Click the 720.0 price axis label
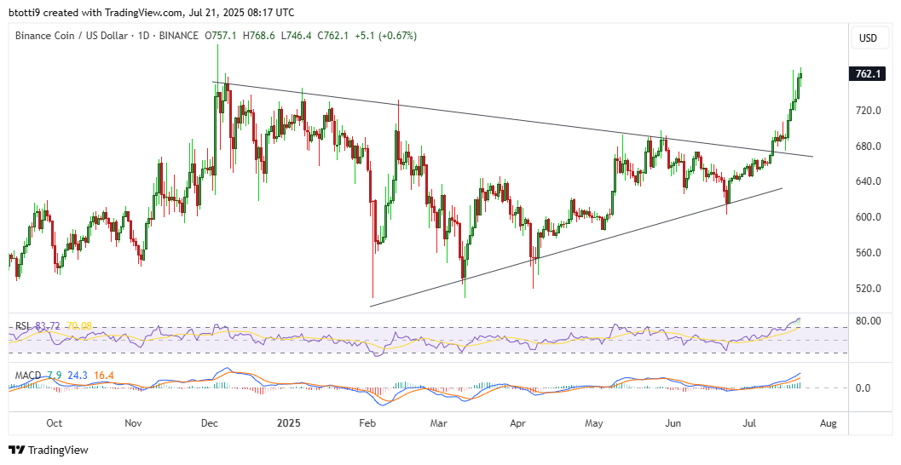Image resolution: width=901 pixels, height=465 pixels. tap(868, 111)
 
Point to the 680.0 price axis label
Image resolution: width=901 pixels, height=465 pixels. tap(868, 146)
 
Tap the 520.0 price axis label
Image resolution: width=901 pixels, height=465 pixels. tap(868, 289)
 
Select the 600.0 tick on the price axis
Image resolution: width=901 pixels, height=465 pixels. tap(868, 217)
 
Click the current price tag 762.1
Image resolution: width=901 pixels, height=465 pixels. tap(868, 74)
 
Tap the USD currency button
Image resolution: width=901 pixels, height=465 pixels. tap(868, 38)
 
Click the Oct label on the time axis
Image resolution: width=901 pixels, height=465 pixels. tap(55, 422)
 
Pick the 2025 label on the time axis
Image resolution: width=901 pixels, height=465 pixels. tap(287, 422)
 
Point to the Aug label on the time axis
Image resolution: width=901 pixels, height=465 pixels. tap(828, 422)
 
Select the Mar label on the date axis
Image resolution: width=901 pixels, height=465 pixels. tap(439, 422)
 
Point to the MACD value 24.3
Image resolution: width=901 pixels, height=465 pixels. tap(78, 376)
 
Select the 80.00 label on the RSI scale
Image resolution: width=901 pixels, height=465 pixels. tap(868, 321)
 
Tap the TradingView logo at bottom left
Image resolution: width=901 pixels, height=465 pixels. tap(49, 450)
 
